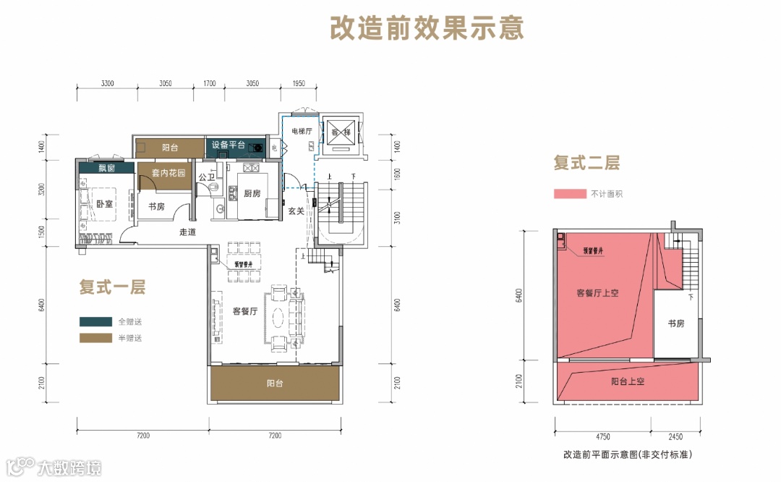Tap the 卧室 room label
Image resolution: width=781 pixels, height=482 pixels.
point(105,204)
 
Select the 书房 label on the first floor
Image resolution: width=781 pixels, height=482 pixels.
point(157,207)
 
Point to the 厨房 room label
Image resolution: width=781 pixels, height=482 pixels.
point(252,193)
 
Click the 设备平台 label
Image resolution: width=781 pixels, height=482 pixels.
point(229,145)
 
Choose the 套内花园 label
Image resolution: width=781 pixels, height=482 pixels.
point(168,174)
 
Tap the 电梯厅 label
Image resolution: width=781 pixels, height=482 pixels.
point(301,131)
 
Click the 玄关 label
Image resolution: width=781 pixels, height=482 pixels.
point(296,211)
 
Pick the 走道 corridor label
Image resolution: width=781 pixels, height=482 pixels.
point(188,232)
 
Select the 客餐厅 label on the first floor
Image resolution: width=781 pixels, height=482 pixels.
point(247,311)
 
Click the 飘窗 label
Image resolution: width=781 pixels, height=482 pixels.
point(107,169)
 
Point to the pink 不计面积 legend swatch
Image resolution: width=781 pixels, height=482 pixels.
point(569,194)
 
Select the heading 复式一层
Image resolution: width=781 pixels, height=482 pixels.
point(112,287)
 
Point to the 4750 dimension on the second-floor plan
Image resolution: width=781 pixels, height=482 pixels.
point(604,436)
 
